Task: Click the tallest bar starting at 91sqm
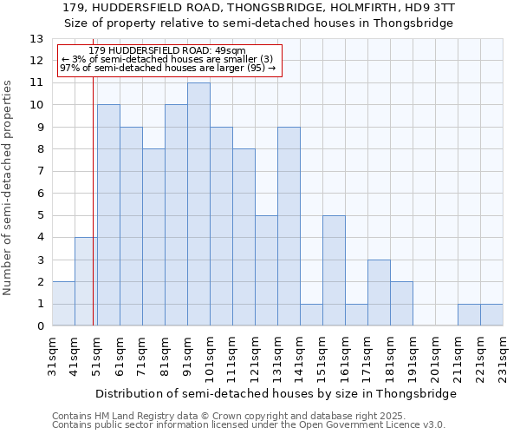pyautogui.click(x=198, y=204)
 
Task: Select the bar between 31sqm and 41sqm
pyautogui.click(x=63, y=304)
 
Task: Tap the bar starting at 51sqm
pyautogui.click(x=108, y=215)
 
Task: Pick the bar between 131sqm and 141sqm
pyautogui.click(x=289, y=227)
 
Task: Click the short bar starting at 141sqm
pyautogui.click(x=311, y=315)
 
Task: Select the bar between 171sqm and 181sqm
pyautogui.click(x=379, y=293)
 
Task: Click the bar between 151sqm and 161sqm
pyautogui.click(x=334, y=271)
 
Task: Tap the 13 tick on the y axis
pyautogui.click(x=37, y=39)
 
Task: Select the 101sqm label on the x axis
pyautogui.click(x=210, y=357)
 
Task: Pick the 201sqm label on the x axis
pyautogui.click(x=435, y=357)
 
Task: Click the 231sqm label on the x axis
pyautogui.click(x=503, y=357)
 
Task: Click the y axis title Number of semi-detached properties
pyautogui.click(x=8, y=187)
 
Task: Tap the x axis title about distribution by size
pyautogui.click(x=276, y=393)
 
